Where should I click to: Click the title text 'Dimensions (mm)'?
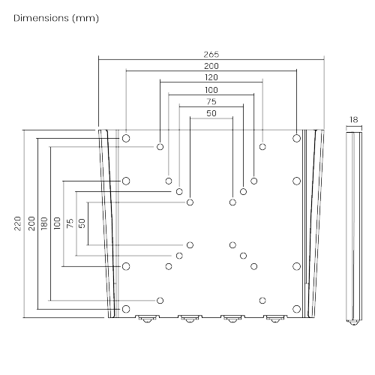55,16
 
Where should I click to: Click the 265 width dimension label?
211,55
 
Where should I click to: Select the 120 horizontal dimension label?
211,77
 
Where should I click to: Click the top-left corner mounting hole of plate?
126,139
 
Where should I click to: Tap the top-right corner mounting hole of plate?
297,139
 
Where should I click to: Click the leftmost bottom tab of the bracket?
145,318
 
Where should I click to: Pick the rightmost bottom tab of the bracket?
274,318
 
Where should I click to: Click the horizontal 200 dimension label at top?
211,66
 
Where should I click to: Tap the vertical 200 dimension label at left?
31,223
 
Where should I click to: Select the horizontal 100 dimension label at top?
211,89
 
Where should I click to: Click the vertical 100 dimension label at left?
56,223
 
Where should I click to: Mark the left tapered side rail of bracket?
110,225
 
